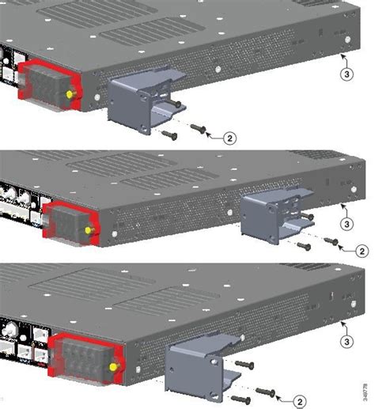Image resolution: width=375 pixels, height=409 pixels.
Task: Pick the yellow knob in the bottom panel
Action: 116,365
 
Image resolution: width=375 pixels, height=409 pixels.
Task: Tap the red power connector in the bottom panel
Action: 83,356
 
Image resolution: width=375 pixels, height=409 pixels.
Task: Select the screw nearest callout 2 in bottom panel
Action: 267,390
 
